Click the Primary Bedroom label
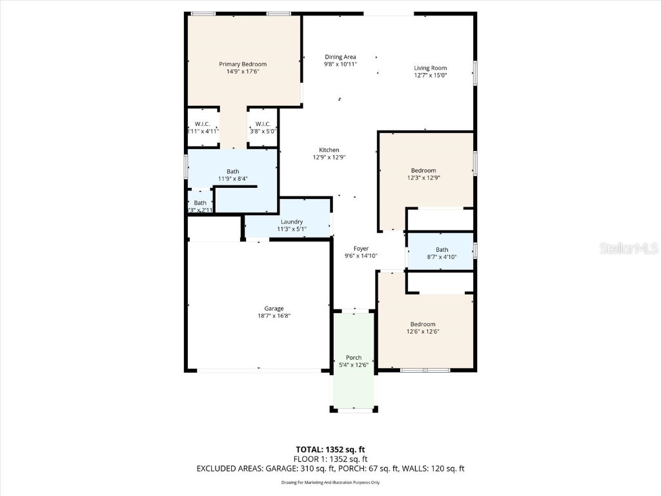[x=243, y=64]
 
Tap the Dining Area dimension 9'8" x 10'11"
[x=340, y=65]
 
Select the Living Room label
[x=430, y=68]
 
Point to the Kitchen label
[x=329, y=150]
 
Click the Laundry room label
[x=292, y=222]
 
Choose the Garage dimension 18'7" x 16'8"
[x=274, y=316]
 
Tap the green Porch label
[x=354, y=358]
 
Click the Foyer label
[x=361, y=249]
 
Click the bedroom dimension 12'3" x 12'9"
[x=423, y=178]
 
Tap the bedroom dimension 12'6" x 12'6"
[x=423, y=332]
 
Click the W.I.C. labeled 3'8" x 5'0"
[x=263, y=127]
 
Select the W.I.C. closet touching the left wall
[x=203, y=127]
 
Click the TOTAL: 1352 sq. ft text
[x=330, y=449]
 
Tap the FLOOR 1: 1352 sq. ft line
[x=330, y=459]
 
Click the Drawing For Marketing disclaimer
[x=330, y=482]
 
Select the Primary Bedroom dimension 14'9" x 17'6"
[x=243, y=72]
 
